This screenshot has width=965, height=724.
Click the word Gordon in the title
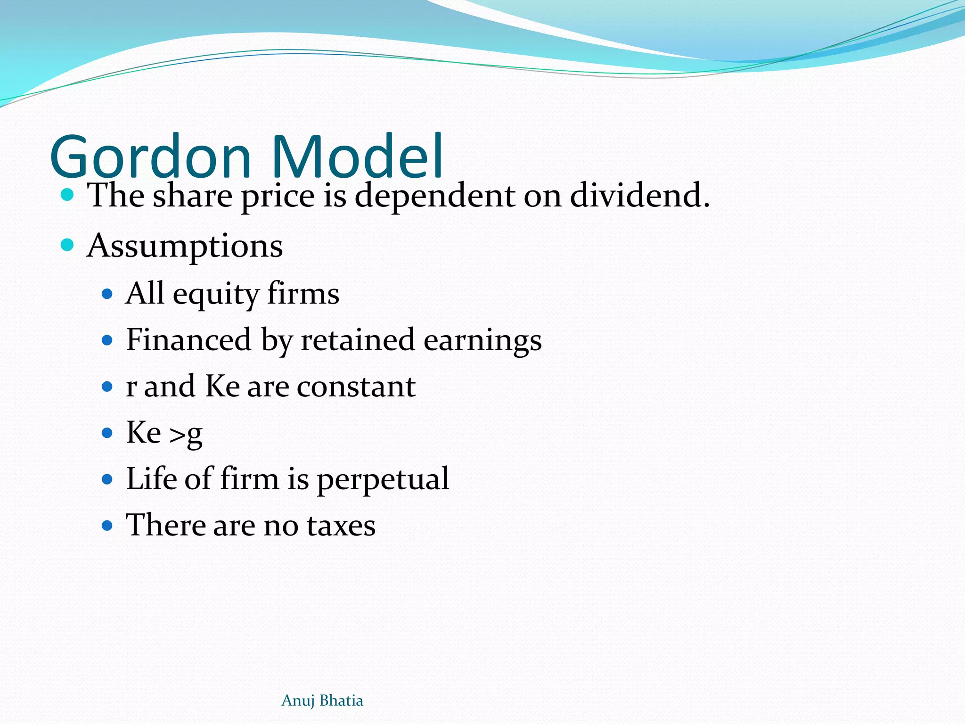tap(150, 156)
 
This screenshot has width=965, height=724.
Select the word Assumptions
tap(185, 246)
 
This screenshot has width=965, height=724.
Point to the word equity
tap(216, 294)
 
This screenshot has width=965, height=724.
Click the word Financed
tap(188, 339)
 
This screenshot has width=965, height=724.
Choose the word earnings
tap(482, 340)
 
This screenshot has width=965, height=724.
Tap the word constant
tap(356, 387)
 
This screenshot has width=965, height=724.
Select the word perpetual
tap(383, 479)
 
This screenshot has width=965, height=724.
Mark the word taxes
tap(341, 525)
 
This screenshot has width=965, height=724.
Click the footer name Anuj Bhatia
tap(322, 700)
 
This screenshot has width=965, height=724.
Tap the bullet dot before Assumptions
tap(67, 245)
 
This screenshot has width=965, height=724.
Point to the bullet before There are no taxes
tap(107, 525)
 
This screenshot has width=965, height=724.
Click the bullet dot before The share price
tap(67, 194)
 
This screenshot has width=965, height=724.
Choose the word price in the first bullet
tap(278, 196)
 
